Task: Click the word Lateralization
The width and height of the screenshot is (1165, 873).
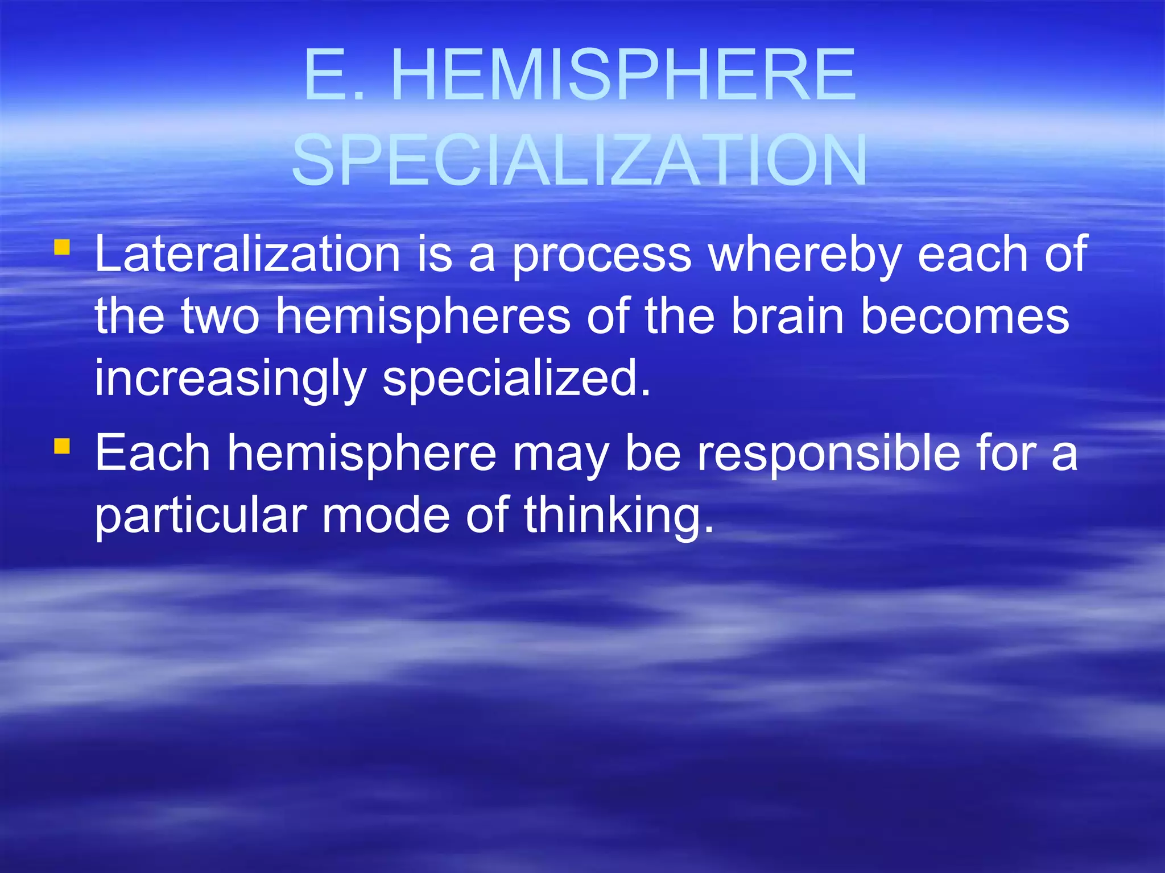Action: (247, 254)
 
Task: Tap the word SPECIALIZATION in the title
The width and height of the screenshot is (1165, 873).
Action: (579, 161)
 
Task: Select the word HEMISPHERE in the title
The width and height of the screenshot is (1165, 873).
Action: (623, 76)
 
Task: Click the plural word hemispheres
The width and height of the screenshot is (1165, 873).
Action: (423, 317)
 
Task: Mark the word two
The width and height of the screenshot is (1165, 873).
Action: (220, 317)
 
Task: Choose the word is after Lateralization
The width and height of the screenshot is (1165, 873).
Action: (435, 254)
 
